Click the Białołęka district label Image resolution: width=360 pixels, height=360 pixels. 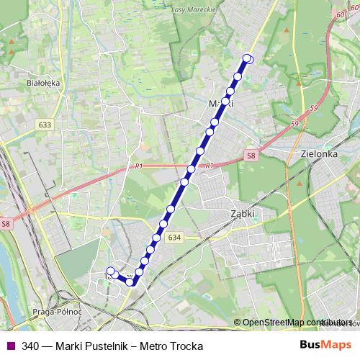point(43,83)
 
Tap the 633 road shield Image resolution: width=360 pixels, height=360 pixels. point(46,125)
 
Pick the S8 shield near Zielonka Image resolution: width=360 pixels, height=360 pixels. point(251,155)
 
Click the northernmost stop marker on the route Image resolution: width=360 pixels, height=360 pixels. point(248,58)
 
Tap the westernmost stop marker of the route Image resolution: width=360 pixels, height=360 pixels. point(110,271)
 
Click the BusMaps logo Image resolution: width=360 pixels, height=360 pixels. point(326,346)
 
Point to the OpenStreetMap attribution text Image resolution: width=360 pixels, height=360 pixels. point(295,323)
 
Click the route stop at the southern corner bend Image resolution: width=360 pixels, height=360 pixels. point(130,282)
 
